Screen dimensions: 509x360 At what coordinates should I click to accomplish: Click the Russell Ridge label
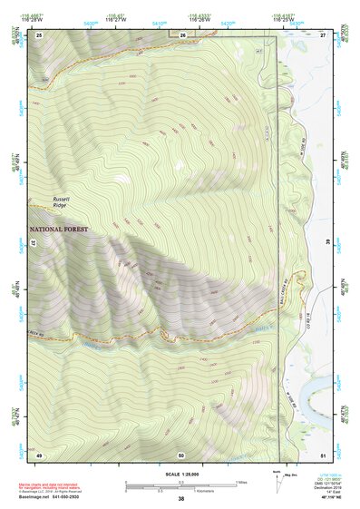pyautogui.click(x=61, y=201)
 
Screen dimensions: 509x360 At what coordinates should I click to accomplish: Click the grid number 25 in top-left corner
pyautogui.click(x=39, y=34)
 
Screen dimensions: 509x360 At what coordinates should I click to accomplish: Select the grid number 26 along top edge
pyautogui.click(x=182, y=34)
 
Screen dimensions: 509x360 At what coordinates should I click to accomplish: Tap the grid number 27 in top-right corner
pyautogui.click(x=322, y=34)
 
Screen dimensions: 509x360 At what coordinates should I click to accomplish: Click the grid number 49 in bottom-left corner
pyautogui.click(x=39, y=454)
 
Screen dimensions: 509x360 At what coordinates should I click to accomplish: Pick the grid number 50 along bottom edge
pyautogui.click(x=181, y=454)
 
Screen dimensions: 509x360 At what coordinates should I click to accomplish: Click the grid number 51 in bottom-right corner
pyautogui.click(x=322, y=454)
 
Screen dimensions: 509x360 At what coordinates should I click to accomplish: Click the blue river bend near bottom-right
pyautogui.click(x=314, y=392)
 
